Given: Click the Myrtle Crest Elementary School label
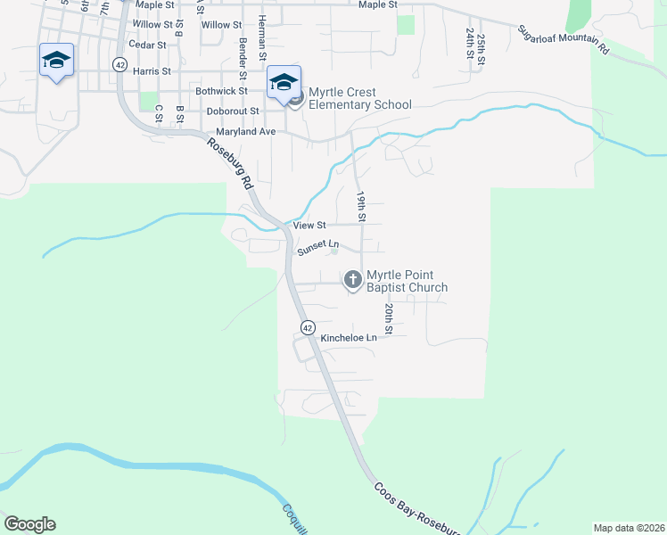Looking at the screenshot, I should tap(360, 98).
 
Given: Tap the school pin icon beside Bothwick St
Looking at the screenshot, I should tap(284, 83).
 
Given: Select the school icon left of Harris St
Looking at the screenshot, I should tap(56, 60).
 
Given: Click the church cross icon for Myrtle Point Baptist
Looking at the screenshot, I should tap(352, 281).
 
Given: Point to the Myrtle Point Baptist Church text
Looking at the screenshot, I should tap(407, 281).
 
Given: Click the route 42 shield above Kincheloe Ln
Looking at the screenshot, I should tap(307, 327).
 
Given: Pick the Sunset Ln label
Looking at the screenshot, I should tap(318, 245).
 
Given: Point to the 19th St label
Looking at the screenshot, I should tap(361, 205).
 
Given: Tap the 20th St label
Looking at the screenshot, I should tap(389, 318).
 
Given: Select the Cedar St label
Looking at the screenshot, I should tap(147, 44).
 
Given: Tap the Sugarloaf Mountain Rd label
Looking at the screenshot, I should tap(564, 41).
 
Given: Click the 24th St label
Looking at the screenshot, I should tap(468, 42).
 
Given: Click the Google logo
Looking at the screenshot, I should tap(29, 524).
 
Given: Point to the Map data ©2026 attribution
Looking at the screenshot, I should tap(628, 528).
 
